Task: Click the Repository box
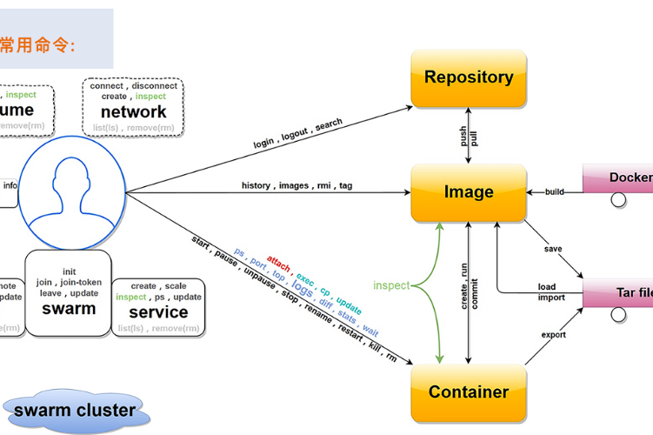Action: (x=469, y=78)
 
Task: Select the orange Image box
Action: (x=469, y=192)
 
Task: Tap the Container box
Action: (x=469, y=392)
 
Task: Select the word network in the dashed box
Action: (x=133, y=112)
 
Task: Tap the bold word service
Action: (x=158, y=312)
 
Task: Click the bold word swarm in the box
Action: (x=69, y=308)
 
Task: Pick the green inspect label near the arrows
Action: (x=391, y=285)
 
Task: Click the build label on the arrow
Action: (x=555, y=191)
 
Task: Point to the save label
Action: (x=553, y=249)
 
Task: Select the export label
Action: (x=554, y=335)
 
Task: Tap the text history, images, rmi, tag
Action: (x=297, y=185)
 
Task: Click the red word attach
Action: (x=279, y=262)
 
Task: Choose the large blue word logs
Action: (x=302, y=287)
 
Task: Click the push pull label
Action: (x=469, y=137)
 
